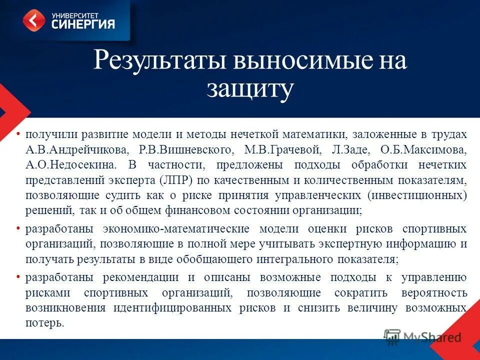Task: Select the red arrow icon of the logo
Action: pos(34,20)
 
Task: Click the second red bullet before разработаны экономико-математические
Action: pos(18,228)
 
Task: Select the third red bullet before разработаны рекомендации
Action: pos(18,276)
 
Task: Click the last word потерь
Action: pos(44,322)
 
